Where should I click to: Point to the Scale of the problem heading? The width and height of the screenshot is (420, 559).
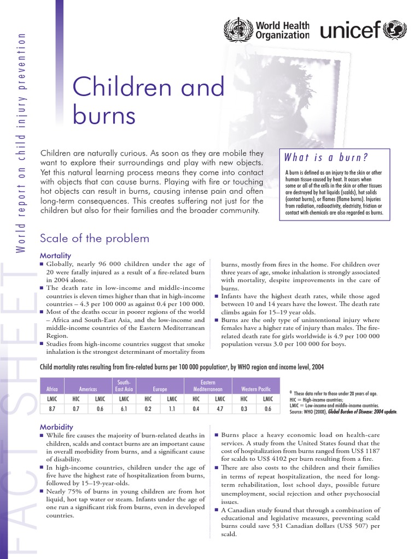(x=95, y=238)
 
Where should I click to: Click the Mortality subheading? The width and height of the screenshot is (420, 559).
(x=55, y=255)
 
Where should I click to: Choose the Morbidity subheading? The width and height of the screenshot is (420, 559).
(x=57, y=426)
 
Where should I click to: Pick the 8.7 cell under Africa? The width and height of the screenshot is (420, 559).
(x=52, y=408)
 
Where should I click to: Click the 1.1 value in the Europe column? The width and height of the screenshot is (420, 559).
(x=171, y=408)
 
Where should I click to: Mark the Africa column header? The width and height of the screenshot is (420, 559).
(x=52, y=389)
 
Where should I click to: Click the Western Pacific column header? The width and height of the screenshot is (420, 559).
(x=256, y=389)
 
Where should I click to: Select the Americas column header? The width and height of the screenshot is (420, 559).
(x=88, y=389)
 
